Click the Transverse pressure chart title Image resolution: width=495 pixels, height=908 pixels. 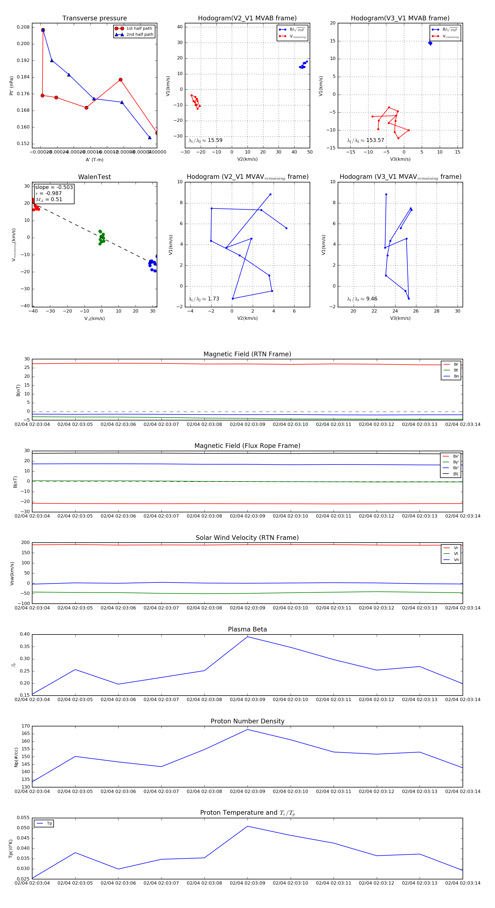pos(94,18)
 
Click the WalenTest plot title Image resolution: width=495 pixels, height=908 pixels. pos(94,177)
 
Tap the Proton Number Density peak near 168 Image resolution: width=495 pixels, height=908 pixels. pos(247,730)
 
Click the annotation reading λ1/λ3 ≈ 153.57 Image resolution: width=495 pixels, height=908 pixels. pos(365,140)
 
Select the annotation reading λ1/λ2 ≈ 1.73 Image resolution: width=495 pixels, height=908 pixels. pos(204,299)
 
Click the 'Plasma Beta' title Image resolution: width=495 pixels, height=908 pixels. pos(247,630)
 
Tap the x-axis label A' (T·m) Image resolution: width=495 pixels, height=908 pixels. pos(94,160)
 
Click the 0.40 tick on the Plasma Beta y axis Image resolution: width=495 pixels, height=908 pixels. pos(25,634)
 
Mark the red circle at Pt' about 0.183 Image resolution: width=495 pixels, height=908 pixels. pos(120,80)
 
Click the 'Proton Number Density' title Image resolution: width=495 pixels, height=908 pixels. pos(247,721)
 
